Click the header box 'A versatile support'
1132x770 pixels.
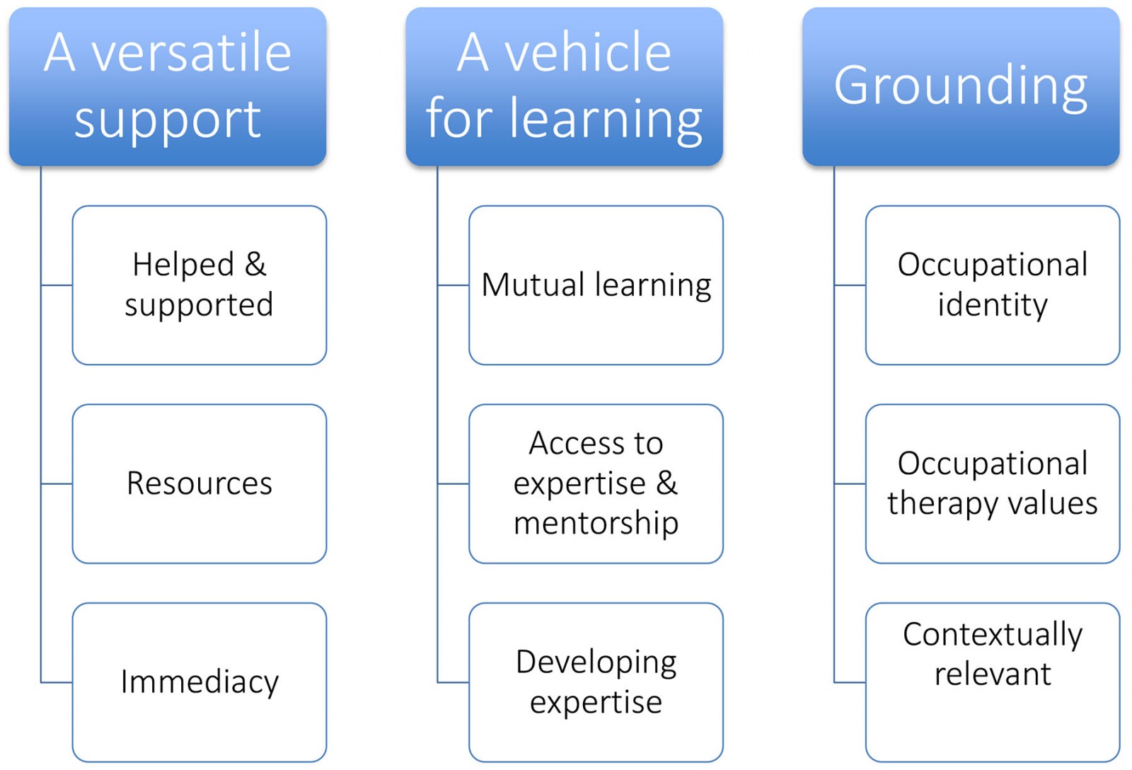(x=168, y=86)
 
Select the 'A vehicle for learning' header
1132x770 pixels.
(x=564, y=86)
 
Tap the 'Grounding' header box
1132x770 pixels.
(x=961, y=86)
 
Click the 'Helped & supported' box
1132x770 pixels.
(x=199, y=285)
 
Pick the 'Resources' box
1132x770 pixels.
(x=199, y=484)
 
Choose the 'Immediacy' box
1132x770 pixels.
(x=199, y=682)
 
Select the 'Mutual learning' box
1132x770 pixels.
(x=596, y=285)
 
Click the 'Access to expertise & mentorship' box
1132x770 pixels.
(x=596, y=484)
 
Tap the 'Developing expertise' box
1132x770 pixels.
(x=596, y=682)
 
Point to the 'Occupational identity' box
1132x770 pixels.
(x=992, y=285)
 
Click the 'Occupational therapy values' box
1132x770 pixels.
(x=992, y=484)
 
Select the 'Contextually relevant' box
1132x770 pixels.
(x=992, y=682)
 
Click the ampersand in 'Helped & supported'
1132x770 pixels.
(x=255, y=265)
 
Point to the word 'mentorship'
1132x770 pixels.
(x=596, y=524)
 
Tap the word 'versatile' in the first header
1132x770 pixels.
(x=192, y=53)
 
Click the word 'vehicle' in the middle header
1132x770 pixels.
(x=587, y=53)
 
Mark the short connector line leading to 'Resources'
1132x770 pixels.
(x=57, y=484)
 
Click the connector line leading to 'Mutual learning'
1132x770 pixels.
(x=453, y=285)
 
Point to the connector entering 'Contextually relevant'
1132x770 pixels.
(x=850, y=682)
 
